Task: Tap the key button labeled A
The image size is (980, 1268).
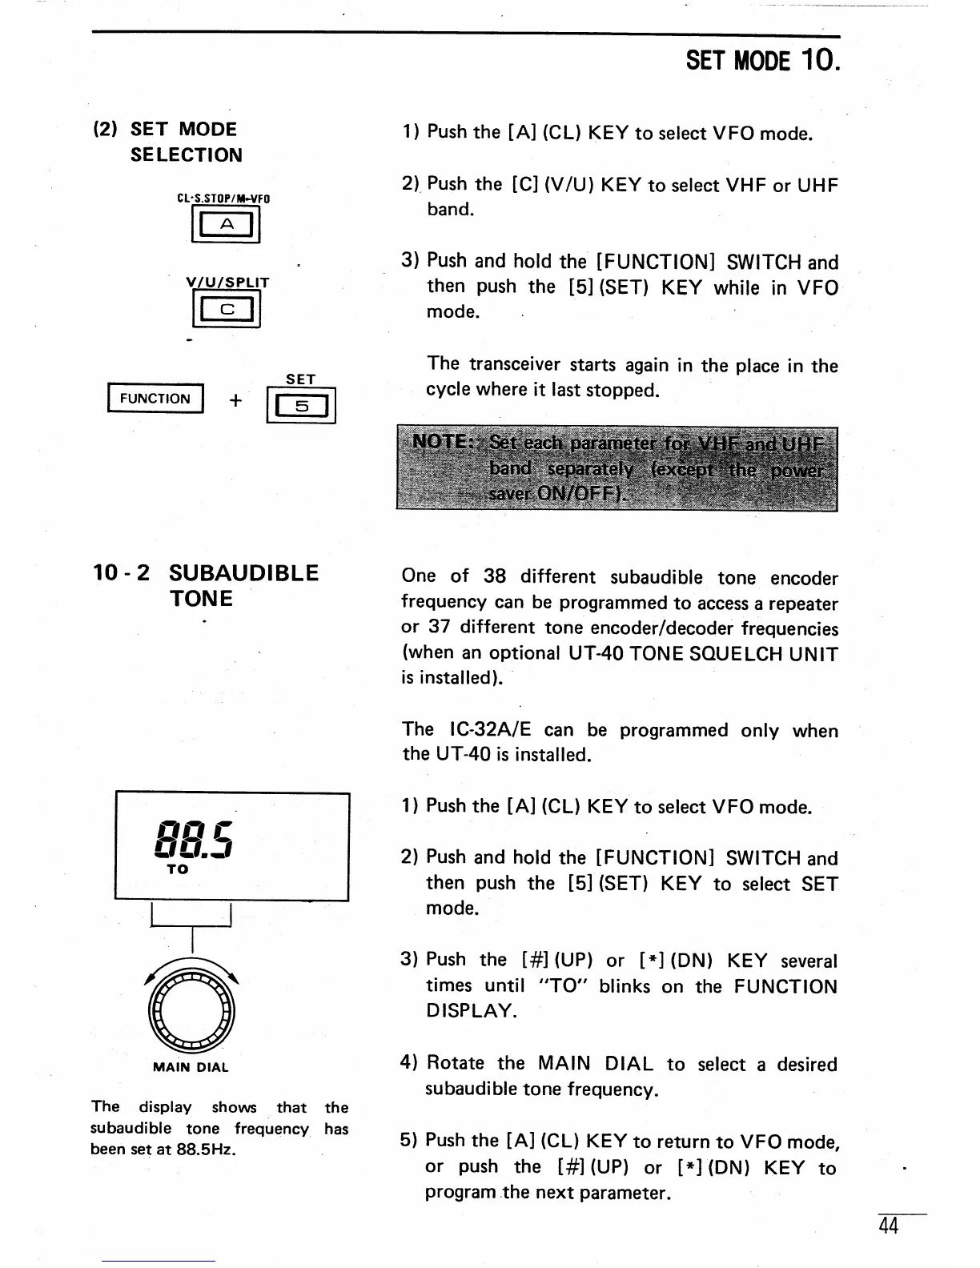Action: pos(227,226)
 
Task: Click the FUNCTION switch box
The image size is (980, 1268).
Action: pos(155,399)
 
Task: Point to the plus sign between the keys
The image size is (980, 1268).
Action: pos(235,400)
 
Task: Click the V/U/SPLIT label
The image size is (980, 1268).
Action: pos(227,283)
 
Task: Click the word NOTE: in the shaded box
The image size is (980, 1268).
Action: pos(440,443)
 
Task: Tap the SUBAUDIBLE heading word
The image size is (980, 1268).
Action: pos(243,573)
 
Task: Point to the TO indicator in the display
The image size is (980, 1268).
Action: pos(178,869)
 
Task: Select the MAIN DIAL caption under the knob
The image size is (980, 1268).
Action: pos(191,1067)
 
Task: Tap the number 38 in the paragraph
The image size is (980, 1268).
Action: pos(495,577)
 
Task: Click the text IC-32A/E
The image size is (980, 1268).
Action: pos(491,730)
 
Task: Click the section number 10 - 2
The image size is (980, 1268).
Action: pos(121,573)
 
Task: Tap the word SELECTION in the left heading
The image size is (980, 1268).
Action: pos(186,155)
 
